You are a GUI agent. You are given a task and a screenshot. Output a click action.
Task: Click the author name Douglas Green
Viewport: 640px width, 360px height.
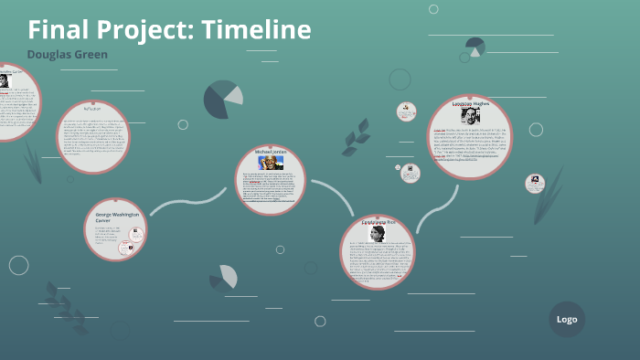[68, 55]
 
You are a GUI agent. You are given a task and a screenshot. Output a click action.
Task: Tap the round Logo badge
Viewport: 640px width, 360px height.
[567, 319]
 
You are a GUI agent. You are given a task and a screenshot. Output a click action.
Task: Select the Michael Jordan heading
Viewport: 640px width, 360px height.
[271, 153]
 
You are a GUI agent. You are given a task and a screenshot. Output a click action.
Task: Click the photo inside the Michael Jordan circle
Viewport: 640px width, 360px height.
[272, 163]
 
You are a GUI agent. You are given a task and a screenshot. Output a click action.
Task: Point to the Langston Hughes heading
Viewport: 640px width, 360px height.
[470, 104]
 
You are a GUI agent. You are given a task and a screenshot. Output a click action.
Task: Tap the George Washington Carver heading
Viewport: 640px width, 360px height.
[115, 217]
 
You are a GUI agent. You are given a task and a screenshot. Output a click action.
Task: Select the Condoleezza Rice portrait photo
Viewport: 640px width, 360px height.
[377, 234]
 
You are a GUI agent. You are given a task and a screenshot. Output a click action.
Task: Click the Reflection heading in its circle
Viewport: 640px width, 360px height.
[94, 108]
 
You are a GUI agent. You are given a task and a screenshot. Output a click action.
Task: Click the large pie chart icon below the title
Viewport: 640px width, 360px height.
[222, 100]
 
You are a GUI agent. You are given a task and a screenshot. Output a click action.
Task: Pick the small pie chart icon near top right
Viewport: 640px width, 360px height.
[475, 46]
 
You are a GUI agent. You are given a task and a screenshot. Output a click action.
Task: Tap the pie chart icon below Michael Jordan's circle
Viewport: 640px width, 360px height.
[223, 277]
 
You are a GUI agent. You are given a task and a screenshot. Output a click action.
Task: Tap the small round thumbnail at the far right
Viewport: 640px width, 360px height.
[535, 183]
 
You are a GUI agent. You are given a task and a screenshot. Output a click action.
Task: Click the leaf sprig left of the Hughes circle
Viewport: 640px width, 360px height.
[355, 136]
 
